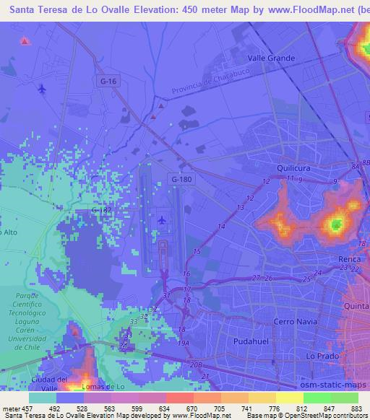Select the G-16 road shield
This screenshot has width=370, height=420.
(x=108, y=82)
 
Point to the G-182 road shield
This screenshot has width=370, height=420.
(x=101, y=209)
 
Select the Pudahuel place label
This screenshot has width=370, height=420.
(x=251, y=339)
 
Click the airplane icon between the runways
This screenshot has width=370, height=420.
(x=161, y=219)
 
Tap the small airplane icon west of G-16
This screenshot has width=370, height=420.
(x=42, y=89)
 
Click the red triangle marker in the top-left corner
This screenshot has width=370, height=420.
(x=25, y=41)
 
